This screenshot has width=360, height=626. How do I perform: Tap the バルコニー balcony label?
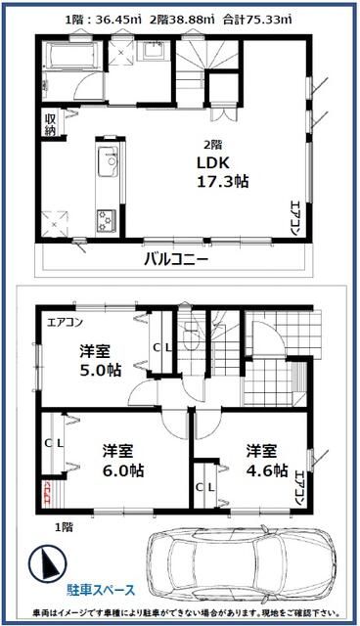[176, 258]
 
